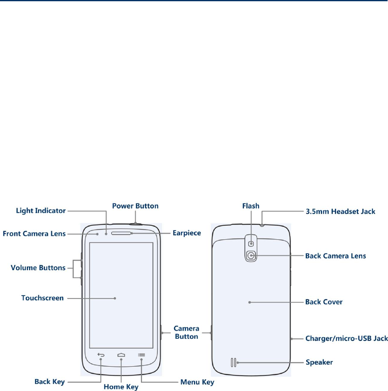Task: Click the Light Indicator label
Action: point(41,211)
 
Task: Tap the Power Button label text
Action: point(135,206)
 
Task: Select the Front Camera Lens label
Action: point(34,234)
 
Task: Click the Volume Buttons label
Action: point(38,268)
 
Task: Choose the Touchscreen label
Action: point(42,298)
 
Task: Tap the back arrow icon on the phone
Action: point(101,354)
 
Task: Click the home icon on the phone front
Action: point(121,354)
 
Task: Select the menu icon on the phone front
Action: point(141,354)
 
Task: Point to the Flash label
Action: point(251,206)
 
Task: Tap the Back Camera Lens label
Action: point(335,256)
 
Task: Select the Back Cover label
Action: point(324,302)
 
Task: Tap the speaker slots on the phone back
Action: point(233,362)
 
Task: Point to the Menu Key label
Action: point(197,382)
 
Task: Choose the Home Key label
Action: point(121,387)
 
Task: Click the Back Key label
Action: point(50,382)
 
